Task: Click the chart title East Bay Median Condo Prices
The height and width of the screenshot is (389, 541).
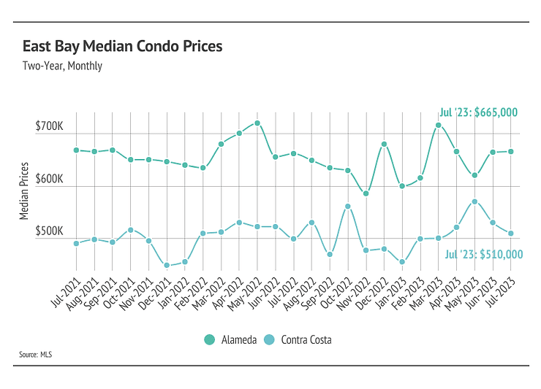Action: pyautogui.click(x=123, y=47)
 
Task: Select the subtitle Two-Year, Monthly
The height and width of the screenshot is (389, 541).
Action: pyautogui.click(x=62, y=66)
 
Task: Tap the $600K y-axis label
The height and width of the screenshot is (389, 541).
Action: pyautogui.click(x=50, y=180)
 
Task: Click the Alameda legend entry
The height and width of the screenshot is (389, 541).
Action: pyautogui.click(x=230, y=339)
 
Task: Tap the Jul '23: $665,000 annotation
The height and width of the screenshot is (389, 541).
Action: pyautogui.click(x=478, y=112)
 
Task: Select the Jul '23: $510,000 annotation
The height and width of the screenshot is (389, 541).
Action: pyautogui.click(x=483, y=254)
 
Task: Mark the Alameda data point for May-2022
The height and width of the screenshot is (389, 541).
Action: pyautogui.click(x=257, y=123)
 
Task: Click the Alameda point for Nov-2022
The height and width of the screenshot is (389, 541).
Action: pyautogui.click(x=366, y=193)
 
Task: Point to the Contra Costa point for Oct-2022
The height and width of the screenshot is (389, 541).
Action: pyautogui.click(x=348, y=207)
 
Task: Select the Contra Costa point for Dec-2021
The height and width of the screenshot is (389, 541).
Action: pyautogui.click(x=167, y=265)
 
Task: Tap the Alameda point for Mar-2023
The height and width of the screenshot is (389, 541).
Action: pyautogui.click(x=438, y=126)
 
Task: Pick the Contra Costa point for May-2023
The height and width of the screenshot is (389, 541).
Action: pyautogui.click(x=474, y=201)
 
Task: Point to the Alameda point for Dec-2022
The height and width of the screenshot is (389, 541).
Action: pyautogui.click(x=384, y=145)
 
